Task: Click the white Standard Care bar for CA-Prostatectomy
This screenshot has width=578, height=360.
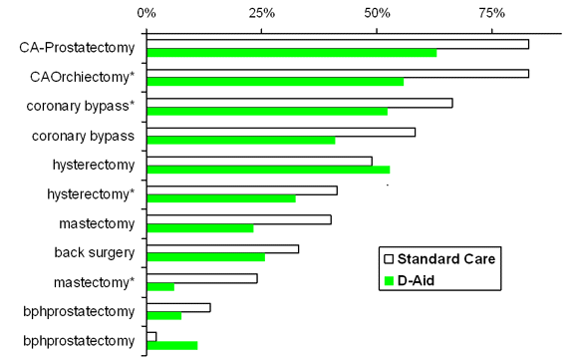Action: [x=337, y=44]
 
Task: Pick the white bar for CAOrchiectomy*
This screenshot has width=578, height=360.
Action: [x=337, y=73]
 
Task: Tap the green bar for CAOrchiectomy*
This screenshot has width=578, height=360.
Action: [x=275, y=82]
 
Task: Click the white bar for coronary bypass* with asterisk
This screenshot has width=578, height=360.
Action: [x=299, y=103]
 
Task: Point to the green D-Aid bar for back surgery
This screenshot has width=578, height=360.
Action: [x=205, y=257]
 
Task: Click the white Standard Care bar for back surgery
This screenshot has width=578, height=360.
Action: [x=222, y=248]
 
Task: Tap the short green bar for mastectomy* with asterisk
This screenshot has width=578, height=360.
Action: [x=160, y=287]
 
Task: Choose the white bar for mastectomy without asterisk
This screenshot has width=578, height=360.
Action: [x=238, y=219]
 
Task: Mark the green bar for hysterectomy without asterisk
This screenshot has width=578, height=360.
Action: [x=268, y=170]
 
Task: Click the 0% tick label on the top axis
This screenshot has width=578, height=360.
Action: [x=146, y=14]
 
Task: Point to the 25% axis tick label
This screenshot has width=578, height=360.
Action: [x=261, y=14]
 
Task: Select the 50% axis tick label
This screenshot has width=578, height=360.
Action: [x=376, y=14]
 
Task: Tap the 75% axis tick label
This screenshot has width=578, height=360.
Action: [x=490, y=14]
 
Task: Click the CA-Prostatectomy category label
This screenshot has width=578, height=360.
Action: [x=79, y=48]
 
